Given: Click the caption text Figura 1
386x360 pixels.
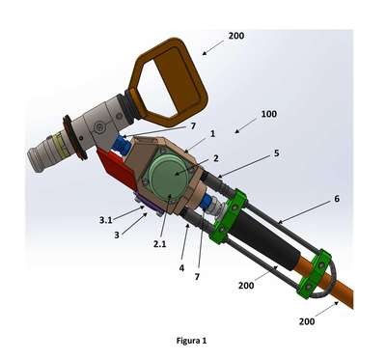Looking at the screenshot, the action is [191, 340].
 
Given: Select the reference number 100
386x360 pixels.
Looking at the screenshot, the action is [268, 114].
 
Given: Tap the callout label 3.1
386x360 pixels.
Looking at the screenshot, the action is [105, 220].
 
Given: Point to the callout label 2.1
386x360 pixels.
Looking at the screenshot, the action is [160, 244].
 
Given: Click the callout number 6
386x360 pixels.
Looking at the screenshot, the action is [337, 199].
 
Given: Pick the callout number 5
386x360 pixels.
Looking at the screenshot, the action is [276, 153].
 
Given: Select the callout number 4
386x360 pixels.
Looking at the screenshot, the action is [182, 267].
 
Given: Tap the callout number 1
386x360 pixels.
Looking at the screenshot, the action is [212, 133].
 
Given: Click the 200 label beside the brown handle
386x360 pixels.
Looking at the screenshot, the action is [236, 36].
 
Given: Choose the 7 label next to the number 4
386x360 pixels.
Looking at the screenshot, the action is [197, 276].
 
